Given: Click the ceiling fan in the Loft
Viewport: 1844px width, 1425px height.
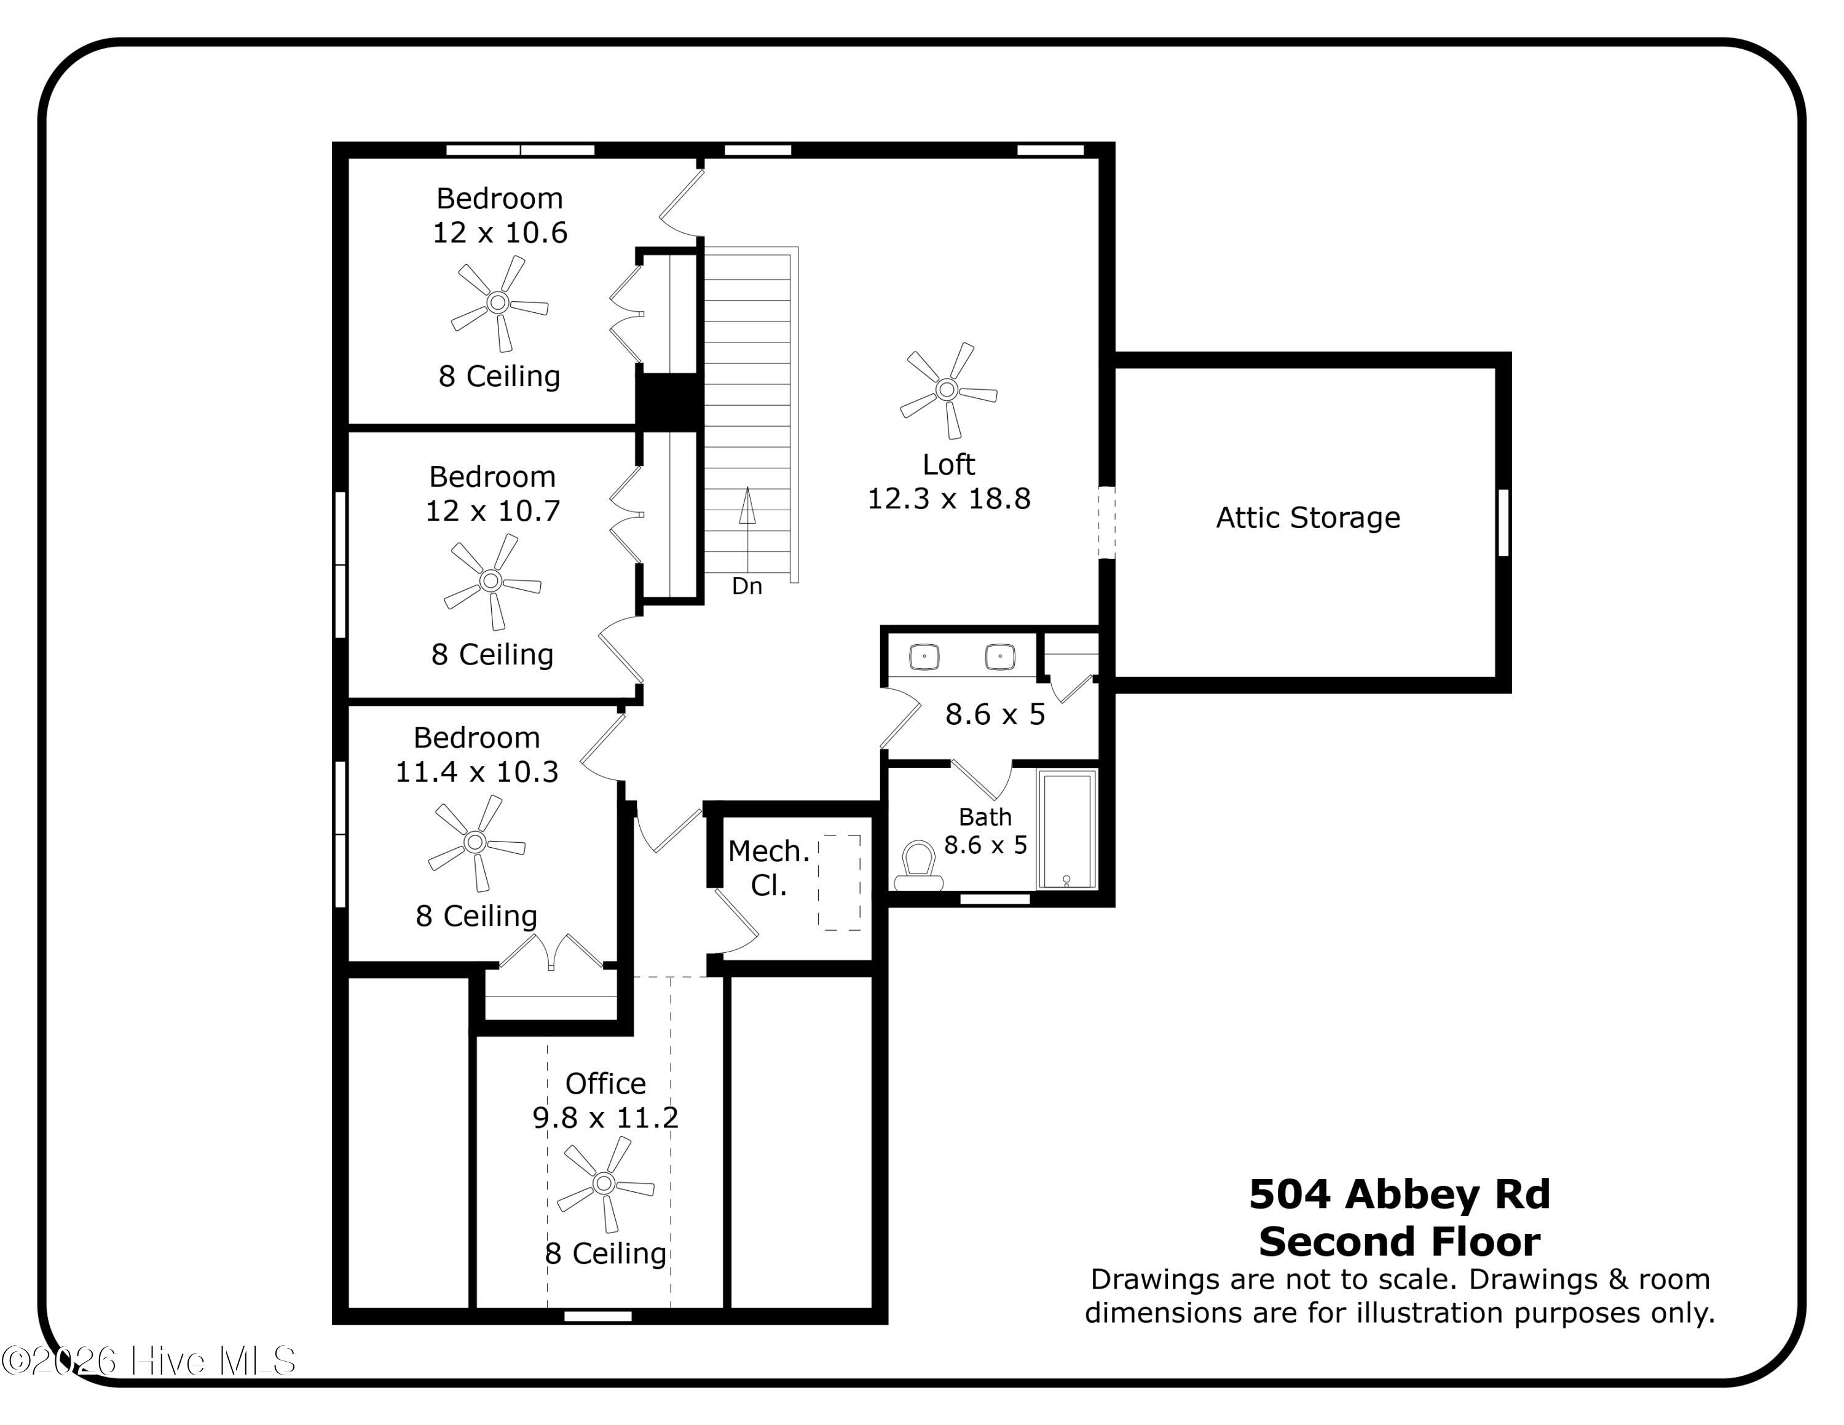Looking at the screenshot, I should click(947, 390).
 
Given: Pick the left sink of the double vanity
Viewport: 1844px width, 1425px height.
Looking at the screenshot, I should click(924, 656).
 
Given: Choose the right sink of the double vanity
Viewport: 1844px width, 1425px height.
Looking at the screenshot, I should click(1001, 656).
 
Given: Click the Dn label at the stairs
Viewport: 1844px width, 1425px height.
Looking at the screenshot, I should click(746, 586).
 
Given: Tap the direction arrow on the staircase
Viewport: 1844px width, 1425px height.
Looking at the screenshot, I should click(747, 507).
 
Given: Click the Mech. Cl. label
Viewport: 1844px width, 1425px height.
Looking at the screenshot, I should click(768, 868).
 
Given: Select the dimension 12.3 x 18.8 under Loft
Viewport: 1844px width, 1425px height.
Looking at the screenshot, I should click(949, 499).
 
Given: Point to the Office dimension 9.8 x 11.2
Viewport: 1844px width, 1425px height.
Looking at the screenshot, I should click(605, 1118).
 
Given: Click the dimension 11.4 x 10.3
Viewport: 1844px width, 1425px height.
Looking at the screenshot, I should click(477, 772).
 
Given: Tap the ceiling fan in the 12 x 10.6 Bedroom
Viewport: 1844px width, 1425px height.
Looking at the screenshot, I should click(498, 302).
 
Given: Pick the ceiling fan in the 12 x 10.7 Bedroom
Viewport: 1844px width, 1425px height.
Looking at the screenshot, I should click(491, 581).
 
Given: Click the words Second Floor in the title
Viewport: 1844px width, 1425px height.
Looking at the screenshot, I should click(1399, 1242).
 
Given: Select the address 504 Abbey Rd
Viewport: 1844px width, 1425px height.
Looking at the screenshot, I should click(1399, 1194).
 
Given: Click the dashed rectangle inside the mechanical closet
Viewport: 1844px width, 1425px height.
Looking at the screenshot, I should click(839, 883).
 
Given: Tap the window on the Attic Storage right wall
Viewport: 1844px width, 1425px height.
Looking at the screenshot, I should click(1503, 523).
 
